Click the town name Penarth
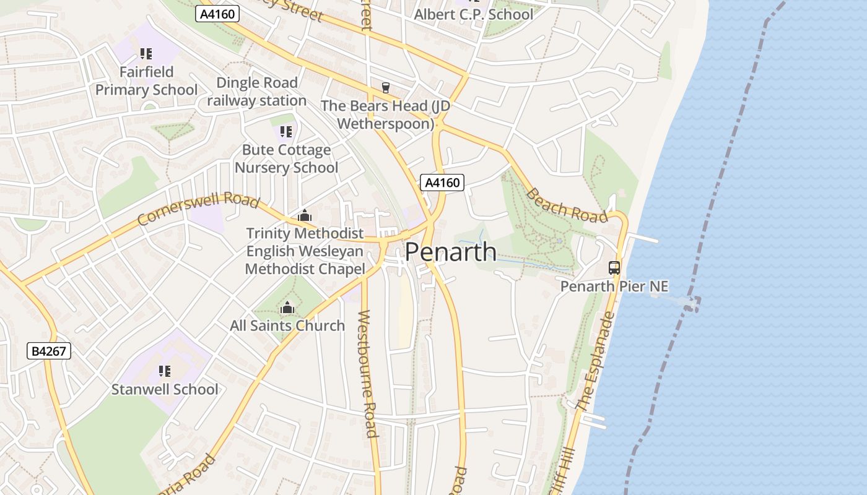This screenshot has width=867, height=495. pos(451,252)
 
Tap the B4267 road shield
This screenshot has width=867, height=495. pos(50,351)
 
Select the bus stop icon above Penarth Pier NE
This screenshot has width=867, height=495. pos(614,268)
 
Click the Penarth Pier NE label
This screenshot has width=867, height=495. pos(614,286)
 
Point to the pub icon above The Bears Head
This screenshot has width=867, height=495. pos(386,88)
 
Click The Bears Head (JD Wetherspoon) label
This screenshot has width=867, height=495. pos(385,114)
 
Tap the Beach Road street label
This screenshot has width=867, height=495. pos(566,205)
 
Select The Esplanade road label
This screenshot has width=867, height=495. pos(595,361)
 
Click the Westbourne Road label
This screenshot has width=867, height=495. pos(367,373)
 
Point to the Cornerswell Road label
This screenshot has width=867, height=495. pos(198,209)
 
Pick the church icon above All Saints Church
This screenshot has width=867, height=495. pos(287,308)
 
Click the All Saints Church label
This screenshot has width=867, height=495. pos(287,325)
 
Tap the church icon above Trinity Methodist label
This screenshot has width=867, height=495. pos(304,216)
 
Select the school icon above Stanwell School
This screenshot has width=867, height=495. pos(164,371)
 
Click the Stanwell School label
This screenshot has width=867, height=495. pos(165,389)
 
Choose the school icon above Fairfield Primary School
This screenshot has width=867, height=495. pos(146,54)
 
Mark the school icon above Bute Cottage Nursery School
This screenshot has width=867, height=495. pos(285,131)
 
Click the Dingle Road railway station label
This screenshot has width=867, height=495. pos(256,92)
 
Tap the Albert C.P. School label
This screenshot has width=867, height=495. pos(473,14)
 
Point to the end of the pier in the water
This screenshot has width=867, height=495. pos(692,303)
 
